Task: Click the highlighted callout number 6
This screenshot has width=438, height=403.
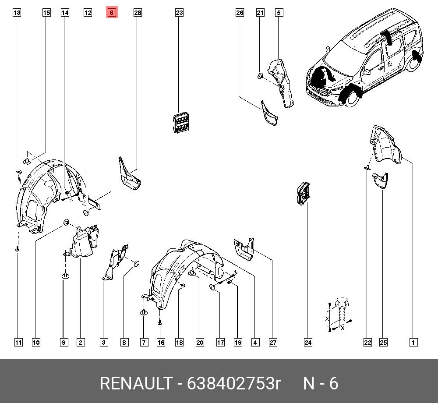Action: click(x=111, y=13)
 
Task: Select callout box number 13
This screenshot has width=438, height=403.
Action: click(x=17, y=13)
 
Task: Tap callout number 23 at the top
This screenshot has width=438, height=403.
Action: click(x=179, y=13)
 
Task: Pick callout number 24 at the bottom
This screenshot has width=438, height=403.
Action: click(x=308, y=343)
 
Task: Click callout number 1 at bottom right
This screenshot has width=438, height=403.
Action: click(x=413, y=343)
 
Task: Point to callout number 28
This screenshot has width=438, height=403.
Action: click(x=138, y=13)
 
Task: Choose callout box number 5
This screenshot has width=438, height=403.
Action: click(x=279, y=13)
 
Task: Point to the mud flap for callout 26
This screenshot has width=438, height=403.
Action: click(x=269, y=114)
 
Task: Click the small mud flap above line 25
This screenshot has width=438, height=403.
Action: click(x=380, y=180)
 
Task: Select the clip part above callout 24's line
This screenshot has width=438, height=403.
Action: click(x=303, y=193)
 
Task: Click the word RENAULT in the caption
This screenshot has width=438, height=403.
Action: click(x=136, y=383)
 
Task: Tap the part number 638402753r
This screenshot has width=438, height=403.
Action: click(x=233, y=383)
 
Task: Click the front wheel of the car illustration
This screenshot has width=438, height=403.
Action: click(x=351, y=97)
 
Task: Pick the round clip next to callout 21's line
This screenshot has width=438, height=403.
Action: click(x=260, y=76)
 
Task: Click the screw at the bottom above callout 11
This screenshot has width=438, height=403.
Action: click(x=18, y=248)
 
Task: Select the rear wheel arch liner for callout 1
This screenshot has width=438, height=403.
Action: click(x=386, y=145)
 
